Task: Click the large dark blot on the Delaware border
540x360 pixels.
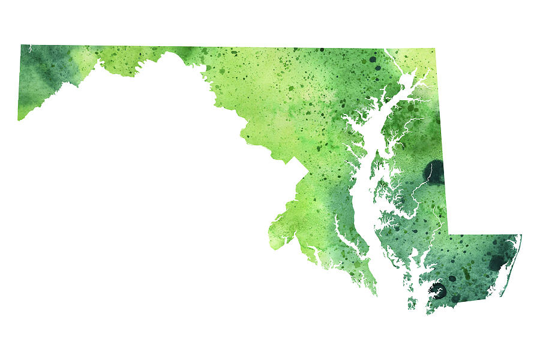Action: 434,172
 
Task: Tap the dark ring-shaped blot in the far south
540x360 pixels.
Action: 437,292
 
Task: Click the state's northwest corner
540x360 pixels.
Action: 22,46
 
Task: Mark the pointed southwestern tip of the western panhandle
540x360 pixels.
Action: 19,119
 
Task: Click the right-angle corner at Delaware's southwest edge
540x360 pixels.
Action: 449,235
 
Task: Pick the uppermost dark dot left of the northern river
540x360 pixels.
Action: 373,59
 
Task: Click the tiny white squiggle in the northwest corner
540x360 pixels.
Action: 29,47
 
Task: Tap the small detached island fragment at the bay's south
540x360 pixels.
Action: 412,304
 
